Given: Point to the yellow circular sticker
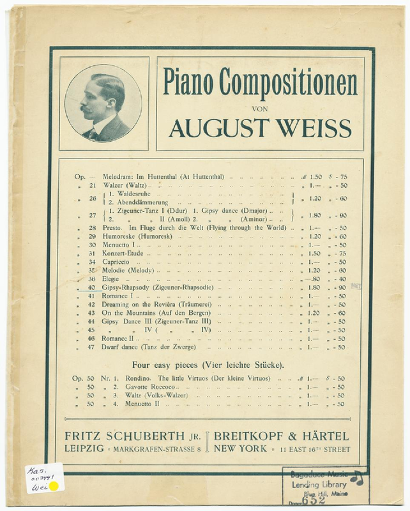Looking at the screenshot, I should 54,487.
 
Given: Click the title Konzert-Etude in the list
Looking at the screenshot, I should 123,253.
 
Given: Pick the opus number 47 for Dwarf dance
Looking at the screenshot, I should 91,347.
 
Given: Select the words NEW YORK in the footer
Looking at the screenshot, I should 241,449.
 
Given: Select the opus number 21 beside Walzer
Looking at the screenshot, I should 91,185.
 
